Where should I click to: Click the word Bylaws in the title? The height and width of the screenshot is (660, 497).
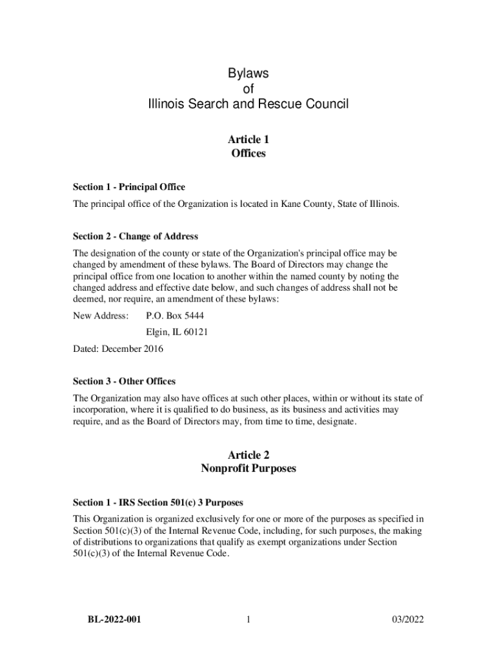(x=248, y=73)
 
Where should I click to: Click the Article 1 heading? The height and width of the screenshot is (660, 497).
(x=248, y=139)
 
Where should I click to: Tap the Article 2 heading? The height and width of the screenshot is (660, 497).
(x=248, y=454)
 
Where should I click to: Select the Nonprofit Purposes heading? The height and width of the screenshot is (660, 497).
(x=248, y=469)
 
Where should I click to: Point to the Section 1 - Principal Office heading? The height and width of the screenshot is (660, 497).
(x=129, y=187)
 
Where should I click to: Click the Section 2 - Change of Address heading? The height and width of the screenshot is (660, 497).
(x=136, y=236)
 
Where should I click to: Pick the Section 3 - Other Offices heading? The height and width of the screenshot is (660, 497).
(x=124, y=382)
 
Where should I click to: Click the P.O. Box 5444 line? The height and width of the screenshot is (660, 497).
(x=176, y=316)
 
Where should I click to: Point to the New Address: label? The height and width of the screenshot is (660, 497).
(x=101, y=316)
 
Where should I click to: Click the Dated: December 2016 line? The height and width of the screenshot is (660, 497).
(x=118, y=349)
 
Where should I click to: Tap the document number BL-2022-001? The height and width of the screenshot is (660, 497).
(x=115, y=620)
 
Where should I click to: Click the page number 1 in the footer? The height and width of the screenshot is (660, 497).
(x=248, y=620)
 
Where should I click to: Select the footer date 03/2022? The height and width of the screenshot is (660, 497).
(x=407, y=620)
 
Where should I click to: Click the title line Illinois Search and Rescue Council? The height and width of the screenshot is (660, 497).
(x=248, y=104)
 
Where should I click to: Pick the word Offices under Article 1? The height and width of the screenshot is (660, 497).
(x=248, y=153)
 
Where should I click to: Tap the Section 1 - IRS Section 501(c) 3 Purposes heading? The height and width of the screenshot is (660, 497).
(x=157, y=502)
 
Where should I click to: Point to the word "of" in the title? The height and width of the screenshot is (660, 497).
(x=248, y=89)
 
